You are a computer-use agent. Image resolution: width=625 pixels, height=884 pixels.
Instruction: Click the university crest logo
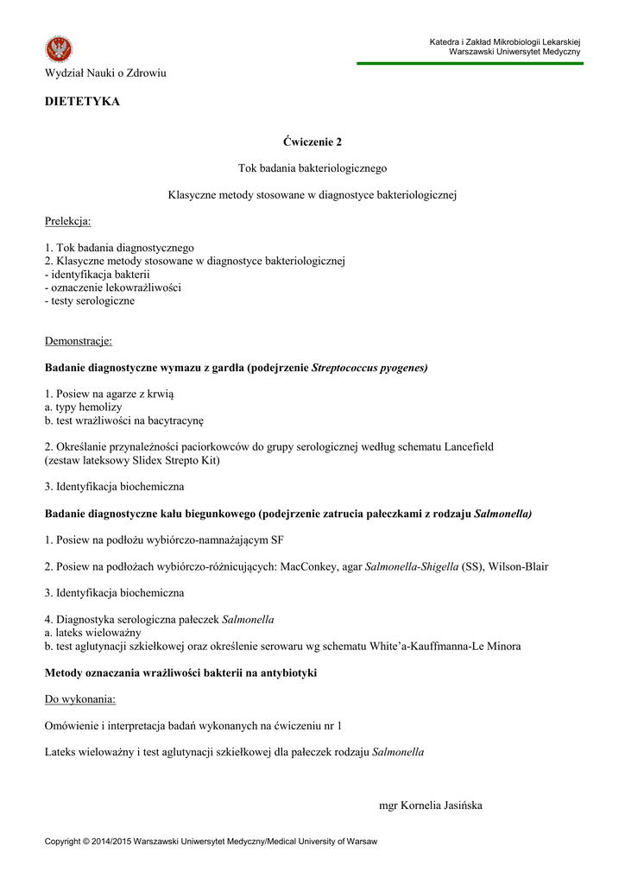point(59,49)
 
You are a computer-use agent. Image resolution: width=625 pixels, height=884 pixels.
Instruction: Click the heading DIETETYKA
point(82,102)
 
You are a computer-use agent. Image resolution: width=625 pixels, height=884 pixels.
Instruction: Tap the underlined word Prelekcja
point(67,222)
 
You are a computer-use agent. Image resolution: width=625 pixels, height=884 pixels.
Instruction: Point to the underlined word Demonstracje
point(78,341)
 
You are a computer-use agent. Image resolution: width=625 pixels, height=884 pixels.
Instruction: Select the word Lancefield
point(469,447)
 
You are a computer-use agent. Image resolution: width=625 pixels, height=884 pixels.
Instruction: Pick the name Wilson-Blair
point(518,567)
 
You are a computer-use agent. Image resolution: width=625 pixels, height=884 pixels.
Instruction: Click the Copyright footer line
point(211,841)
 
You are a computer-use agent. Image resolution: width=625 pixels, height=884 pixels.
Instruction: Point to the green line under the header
point(470,63)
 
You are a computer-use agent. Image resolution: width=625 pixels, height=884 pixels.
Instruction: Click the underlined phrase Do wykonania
point(79,698)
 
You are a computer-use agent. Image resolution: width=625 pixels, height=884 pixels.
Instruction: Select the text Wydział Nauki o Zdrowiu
point(105,73)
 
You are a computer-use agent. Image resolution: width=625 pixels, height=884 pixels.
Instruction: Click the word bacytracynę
point(175,420)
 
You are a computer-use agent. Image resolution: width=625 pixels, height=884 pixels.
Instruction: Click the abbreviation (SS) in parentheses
point(471,567)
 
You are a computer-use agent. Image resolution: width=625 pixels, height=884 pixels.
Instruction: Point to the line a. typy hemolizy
point(83,407)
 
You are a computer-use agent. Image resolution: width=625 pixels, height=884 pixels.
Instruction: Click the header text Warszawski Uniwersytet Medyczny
point(515,52)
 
